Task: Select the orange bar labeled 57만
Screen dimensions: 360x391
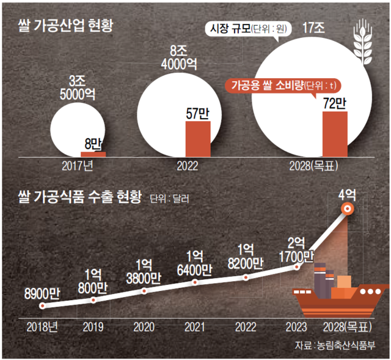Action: (x=197, y=139)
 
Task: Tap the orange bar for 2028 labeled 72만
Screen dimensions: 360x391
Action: (x=334, y=134)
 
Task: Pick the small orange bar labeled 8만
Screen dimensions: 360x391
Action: (x=93, y=153)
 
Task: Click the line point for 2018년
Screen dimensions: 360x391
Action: (x=42, y=306)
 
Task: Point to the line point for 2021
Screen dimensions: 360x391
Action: (x=195, y=282)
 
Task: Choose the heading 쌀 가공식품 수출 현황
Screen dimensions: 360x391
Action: (x=79, y=197)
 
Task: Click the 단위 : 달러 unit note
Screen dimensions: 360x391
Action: (x=174, y=198)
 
